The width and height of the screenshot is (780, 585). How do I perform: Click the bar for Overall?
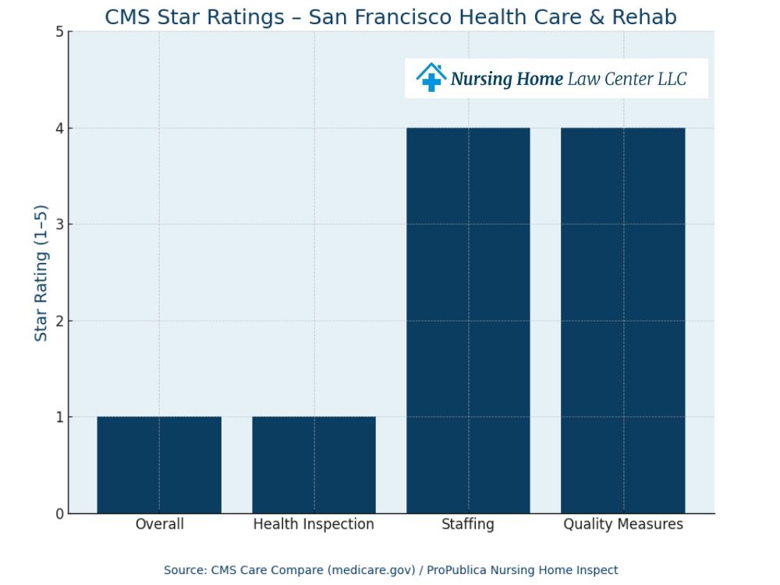click(x=159, y=465)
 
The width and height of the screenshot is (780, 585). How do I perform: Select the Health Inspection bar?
click(x=314, y=465)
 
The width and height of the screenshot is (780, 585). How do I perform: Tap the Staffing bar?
click(x=468, y=321)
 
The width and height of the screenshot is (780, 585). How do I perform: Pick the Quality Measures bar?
click(x=622, y=321)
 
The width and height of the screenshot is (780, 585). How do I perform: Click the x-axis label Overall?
click(x=159, y=524)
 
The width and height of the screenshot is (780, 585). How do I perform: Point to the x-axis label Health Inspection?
click(x=314, y=524)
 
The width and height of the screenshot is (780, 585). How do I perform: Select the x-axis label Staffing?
click(x=468, y=524)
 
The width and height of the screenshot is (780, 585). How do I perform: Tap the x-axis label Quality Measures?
click(x=622, y=524)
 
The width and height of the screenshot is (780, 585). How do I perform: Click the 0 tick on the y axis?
click(x=59, y=513)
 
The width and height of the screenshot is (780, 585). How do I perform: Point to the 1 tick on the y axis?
click(x=59, y=417)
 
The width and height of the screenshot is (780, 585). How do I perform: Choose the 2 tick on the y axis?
click(x=59, y=321)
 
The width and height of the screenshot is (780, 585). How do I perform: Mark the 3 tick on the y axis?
click(x=59, y=225)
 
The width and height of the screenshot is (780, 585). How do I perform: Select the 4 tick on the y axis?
click(x=59, y=128)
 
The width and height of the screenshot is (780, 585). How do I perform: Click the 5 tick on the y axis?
click(x=59, y=32)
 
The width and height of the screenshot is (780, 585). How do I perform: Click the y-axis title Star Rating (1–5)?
click(x=41, y=272)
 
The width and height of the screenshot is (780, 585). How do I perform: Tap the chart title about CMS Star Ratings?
click(x=391, y=16)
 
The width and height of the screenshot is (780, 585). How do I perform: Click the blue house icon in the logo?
click(x=431, y=78)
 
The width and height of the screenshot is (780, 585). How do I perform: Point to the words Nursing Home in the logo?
click(x=506, y=79)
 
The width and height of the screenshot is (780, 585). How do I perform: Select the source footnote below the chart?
click(x=391, y=570)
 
